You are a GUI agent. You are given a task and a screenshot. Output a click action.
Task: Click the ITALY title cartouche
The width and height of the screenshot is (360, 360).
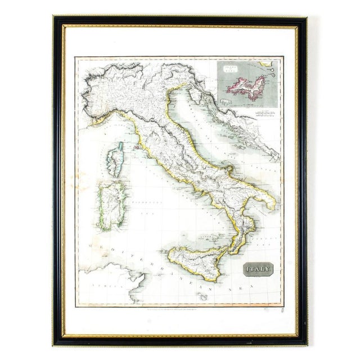[258, 269]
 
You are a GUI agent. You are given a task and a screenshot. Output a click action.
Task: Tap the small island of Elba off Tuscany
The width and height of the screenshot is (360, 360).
[137, 147]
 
